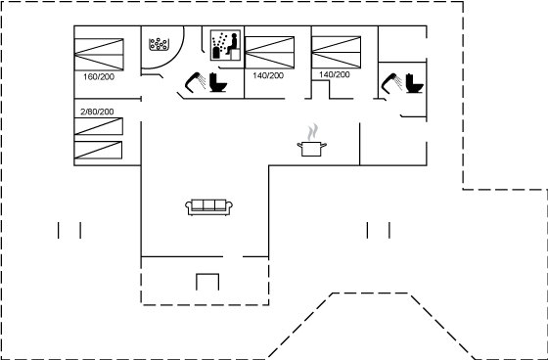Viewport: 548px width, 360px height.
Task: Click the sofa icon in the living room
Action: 209,207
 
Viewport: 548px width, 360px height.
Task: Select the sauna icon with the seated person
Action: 225,45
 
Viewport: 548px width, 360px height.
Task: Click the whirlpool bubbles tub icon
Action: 159,44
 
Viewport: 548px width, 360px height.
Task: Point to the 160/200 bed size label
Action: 99,77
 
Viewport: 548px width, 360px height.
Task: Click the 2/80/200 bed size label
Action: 97,112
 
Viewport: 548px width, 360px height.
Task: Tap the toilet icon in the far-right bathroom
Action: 415,83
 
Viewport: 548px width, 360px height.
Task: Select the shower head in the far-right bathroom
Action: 391,83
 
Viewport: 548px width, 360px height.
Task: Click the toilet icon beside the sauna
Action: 218,82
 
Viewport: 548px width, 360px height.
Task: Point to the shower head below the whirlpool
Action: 196,82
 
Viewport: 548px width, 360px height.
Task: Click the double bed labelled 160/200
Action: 99,55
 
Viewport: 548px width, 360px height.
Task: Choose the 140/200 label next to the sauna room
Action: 268,75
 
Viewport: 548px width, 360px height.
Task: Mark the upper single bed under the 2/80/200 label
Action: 99,126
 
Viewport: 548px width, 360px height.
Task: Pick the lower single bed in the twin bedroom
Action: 98,150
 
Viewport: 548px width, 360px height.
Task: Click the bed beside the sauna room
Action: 269,53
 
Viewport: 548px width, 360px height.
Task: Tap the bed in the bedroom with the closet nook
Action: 337,52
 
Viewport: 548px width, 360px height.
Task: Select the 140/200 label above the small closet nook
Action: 334,74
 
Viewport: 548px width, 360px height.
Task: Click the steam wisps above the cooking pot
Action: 313,132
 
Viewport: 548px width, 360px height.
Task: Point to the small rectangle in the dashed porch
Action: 207,282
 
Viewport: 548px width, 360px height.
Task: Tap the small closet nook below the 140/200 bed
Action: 321,90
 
